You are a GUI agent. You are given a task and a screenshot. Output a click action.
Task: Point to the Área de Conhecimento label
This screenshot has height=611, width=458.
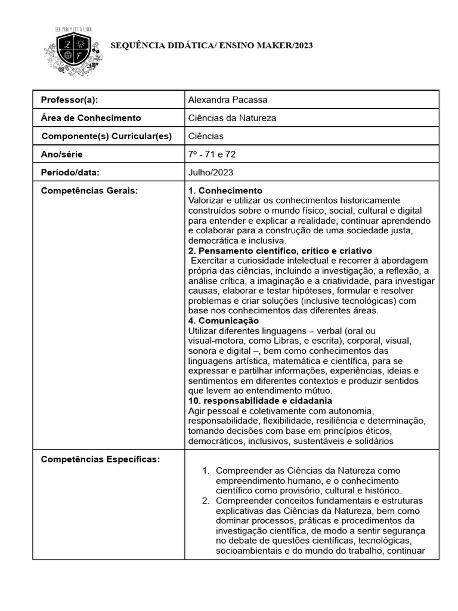[x=90, y=118]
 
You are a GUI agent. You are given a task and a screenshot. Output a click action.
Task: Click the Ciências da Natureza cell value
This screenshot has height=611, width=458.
[x=232, y=118]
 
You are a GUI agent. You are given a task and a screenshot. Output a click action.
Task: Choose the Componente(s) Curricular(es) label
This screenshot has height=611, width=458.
[x=106, y=136]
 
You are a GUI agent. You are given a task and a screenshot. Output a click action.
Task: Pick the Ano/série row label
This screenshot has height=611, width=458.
[x=61, y=155]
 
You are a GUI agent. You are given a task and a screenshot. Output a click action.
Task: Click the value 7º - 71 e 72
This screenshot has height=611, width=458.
[x=213, y=155]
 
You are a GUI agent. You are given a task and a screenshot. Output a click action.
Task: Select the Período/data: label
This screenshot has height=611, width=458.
[x=69, y=172]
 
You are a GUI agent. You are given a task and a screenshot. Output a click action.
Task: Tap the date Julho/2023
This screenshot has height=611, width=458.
[x=211, y=172]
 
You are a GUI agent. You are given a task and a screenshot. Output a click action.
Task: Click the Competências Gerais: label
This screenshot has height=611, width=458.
[x=89, y=190]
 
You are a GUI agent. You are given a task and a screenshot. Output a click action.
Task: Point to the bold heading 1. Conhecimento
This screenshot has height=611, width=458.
[x=225, y=190]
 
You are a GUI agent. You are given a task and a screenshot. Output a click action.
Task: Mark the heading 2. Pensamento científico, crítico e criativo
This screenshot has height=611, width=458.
[x=280, y=251]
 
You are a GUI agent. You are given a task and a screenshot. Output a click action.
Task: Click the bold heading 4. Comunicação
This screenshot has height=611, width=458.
[x=223, y=320]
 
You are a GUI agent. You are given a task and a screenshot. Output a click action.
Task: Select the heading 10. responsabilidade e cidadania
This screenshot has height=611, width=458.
[x=259, y=400]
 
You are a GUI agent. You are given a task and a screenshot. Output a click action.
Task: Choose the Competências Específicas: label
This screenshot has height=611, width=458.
[x=99, y=459]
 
